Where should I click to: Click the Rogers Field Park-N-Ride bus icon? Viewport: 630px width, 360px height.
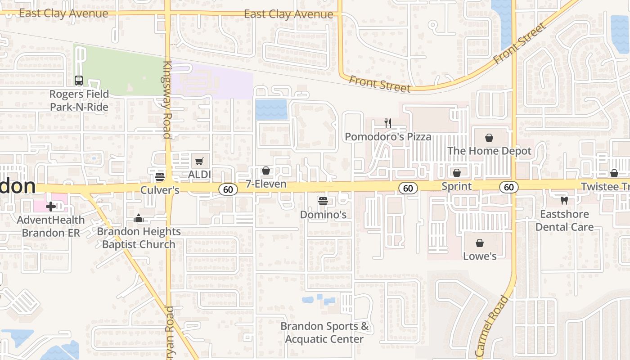79,81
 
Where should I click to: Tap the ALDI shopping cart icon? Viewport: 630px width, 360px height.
199,161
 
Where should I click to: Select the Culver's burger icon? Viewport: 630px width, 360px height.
159,176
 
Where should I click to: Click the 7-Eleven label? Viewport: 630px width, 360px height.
266,184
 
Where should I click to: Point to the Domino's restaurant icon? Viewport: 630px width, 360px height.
323,201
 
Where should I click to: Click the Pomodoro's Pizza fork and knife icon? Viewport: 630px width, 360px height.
388,123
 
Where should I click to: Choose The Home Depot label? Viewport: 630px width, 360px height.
489,151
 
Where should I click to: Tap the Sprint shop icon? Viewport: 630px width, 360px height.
457,173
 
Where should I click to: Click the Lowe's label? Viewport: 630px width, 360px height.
480,256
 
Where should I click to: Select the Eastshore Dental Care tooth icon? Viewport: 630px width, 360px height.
564,201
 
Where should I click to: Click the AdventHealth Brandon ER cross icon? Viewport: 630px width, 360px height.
51,207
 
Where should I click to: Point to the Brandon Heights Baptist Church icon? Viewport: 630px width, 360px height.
138,219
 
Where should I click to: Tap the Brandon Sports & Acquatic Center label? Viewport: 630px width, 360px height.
324,333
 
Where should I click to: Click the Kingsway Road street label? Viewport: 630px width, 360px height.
167,99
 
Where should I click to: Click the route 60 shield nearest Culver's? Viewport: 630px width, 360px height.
228,189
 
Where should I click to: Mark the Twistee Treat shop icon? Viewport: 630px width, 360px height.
614,173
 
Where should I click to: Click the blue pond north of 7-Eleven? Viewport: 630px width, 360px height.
271,110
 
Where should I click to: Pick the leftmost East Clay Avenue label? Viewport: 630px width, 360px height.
63,13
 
